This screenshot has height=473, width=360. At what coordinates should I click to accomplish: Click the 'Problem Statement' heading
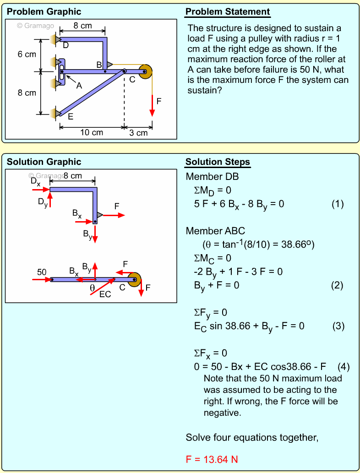click(x=228, y=12)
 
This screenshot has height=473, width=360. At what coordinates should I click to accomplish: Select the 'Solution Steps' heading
click(x=218, y=162)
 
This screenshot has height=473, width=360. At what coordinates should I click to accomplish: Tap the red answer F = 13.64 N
click(x=212, y=459)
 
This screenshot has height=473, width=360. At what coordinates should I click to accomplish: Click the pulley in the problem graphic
click(x=145, y=71)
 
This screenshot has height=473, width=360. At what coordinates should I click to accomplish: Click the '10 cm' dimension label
click(x=92, y=133)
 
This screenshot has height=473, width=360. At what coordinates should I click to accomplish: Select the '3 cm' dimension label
click(x=138, y=133)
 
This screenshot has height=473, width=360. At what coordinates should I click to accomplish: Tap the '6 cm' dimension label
click(x=27, y=54)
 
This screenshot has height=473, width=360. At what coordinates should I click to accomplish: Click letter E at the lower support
click(x=70, y=117)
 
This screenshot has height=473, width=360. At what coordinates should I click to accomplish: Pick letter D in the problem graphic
click(x=65, y=45)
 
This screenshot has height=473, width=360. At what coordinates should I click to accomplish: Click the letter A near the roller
click(x=79, y=85)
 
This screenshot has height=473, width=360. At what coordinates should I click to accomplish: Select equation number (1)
click(x=337, y=204)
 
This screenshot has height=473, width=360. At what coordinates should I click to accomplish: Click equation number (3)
click(x=338, y=326)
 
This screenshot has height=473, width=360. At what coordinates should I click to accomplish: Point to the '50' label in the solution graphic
click(x=42, y=272)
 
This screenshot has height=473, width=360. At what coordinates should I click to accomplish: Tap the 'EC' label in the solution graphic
click(x=105, y=294)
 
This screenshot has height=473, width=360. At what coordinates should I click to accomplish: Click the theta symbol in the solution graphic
click(x=92, y=288)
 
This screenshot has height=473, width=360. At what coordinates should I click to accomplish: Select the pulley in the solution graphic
click(x=134, y=279)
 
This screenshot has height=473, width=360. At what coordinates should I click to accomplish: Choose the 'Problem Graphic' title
click(x=44, y=12)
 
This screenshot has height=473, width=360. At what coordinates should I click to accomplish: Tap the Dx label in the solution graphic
click(x=35, y=181)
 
